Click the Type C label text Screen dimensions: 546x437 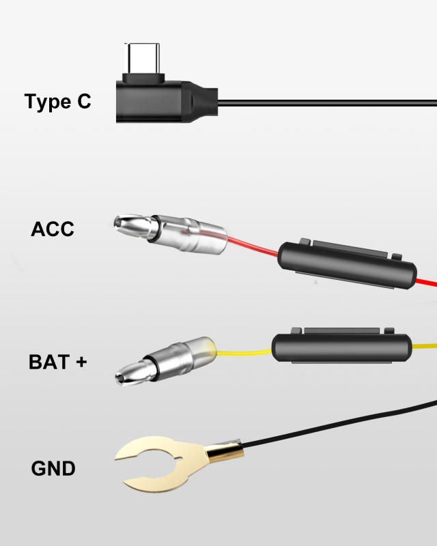(x=57, y=102)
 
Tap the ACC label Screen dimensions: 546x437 (x=53, y=229)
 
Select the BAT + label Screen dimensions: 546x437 (x=58, y=361)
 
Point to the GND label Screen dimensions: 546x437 (x=53, y=469)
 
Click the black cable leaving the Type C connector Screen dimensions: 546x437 (x=328, y=104)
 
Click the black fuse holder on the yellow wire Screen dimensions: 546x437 (x=341, y=348)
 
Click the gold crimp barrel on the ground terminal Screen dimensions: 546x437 (x=224, y=451)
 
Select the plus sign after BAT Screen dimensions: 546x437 (x=81, y=361)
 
